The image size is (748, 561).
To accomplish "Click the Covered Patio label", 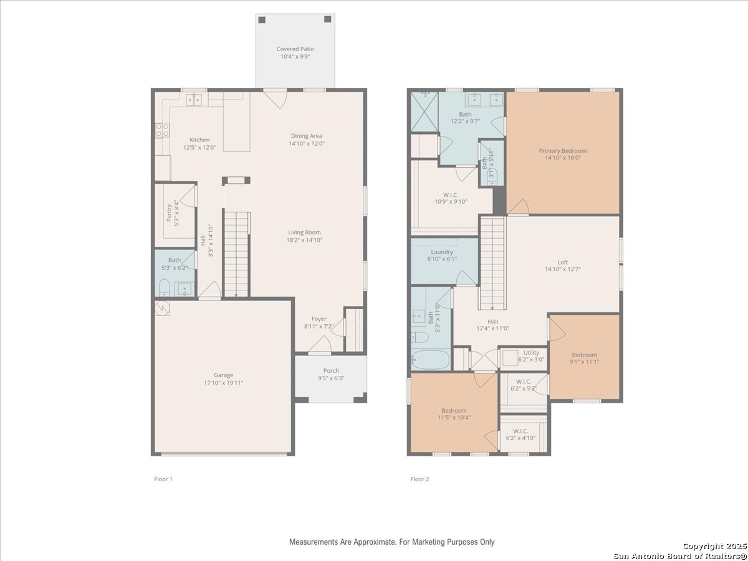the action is pyautogui.click(x=295, y=49).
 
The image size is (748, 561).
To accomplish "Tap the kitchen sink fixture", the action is pyautogui.click(x=194, y=100).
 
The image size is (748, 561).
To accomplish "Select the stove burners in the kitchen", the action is pyautogui.click(x=162, y=130).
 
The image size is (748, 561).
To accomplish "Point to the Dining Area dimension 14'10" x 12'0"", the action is pyautogui.click(x=306, y=143).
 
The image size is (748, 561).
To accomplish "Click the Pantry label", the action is pyautogui.click(x=169, y=213).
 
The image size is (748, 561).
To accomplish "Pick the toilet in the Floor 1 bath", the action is pyautogui.click(x=165, y=288).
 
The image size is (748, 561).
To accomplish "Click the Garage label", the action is pyautogui.click(x=224, y=375).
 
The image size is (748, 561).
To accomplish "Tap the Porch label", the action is pyautogui.click(x=331, y=371).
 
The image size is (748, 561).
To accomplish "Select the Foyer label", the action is pyautogui.click(x=319, y=319).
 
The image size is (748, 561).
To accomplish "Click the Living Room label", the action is pyautogui.click(x=304, y=233).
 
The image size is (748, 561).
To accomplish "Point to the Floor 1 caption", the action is pyautogui.click(x=163, y=479).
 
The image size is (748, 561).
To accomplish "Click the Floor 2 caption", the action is pyautogui.click(x=420, y=479).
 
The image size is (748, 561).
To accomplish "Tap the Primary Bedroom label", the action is pyautogui.click(x=563, y=151).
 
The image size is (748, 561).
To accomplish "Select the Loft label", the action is pyautogui.click(x=563, y=262).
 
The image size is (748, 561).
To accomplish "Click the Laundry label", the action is pyautogui.click(x=442, y=252).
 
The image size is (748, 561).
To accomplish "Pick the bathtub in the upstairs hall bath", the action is pyautogui.click(x=431, y=360).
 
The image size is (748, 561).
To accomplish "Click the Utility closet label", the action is pyautogui.click(x=531, y=353).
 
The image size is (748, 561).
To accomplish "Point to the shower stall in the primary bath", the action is pyautogui.click(x=424, y=112).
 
